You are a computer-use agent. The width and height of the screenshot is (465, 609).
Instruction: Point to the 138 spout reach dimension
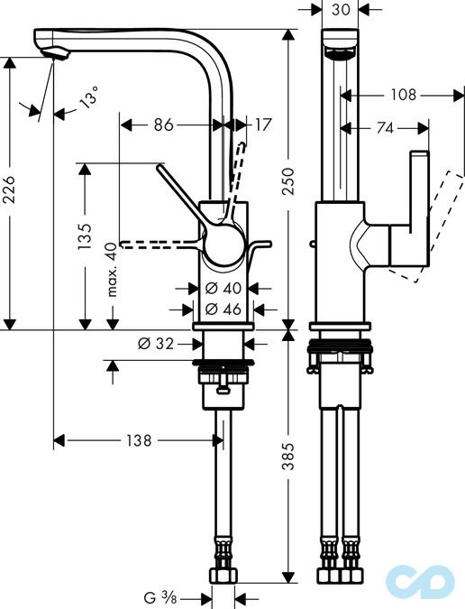137,441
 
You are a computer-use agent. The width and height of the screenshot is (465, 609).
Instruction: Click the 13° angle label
87,97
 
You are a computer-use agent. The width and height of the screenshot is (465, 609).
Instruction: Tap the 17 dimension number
262,125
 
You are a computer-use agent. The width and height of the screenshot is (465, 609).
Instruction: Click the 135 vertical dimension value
84,235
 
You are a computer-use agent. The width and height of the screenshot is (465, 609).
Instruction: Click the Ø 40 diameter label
222,289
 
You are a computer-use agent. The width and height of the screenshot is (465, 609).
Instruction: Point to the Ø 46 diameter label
222,309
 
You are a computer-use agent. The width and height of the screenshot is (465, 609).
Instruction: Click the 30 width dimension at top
341,10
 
